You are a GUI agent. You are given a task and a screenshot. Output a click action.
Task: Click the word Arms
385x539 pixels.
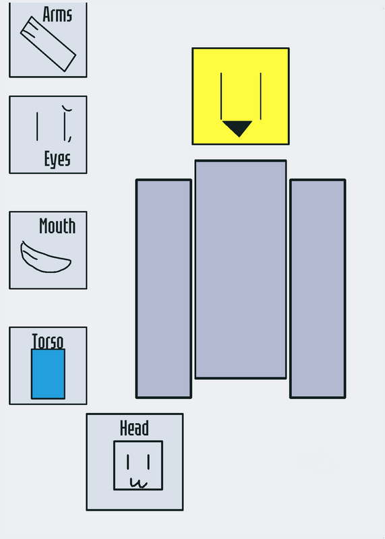point(57,14)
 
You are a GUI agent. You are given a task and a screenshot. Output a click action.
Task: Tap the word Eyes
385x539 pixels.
point(57,159)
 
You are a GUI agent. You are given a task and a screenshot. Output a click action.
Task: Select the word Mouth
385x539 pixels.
point(57,226)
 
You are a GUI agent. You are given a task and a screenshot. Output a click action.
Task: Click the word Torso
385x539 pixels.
point(48,342)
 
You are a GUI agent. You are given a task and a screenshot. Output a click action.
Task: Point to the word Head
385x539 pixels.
point(135,428)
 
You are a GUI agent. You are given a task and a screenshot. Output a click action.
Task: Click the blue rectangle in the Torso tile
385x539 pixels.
point(48,374)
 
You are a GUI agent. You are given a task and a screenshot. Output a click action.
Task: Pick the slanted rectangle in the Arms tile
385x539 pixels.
point(48,44)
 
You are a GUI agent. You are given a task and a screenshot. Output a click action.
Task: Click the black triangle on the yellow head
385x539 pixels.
point(238,127)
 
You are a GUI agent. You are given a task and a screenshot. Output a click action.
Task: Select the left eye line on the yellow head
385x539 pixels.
point(221,96)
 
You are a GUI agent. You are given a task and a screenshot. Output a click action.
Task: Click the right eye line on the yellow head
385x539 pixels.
point(261,96)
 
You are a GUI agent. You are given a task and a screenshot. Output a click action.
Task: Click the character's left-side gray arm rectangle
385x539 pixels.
point(164,288)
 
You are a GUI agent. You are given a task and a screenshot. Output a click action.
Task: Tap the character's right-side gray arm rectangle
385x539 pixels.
point(318,288)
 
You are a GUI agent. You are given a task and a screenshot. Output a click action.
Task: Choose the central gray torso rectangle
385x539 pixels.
point(241,269)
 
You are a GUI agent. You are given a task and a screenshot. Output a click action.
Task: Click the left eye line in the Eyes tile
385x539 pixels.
point(37,127)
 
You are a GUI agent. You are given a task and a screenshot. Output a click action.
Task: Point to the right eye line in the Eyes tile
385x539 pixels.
point(65,125)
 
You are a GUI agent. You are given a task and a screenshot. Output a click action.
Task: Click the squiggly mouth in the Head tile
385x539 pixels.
point(139,483)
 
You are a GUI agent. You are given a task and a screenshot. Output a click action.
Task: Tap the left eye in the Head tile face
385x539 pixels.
point(127,462)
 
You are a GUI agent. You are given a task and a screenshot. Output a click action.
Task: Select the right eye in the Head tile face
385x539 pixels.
point(148,462)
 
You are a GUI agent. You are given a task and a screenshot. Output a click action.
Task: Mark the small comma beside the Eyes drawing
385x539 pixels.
point(70,138)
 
